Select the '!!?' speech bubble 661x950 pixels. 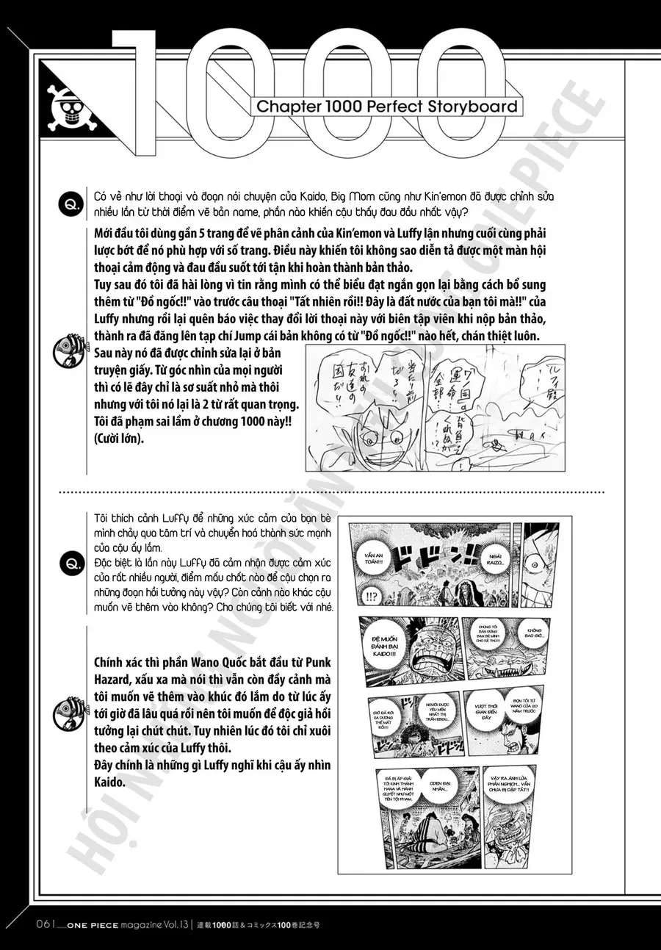tap(369, 597)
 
